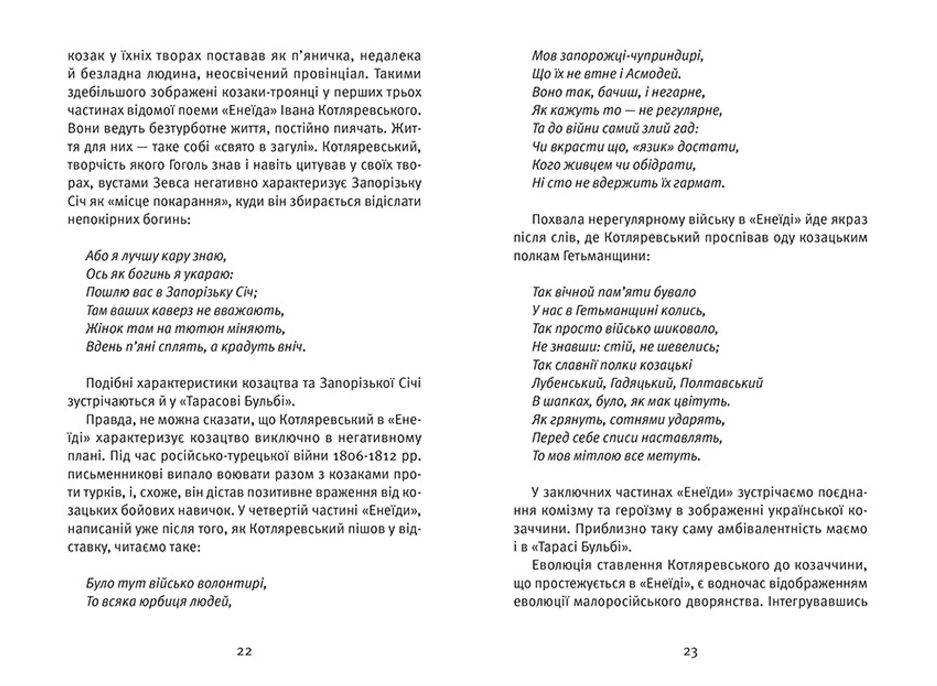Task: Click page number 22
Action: (x=244, y=652)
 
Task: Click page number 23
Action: (x=690, y=652)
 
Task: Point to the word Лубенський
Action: (x=569, y=383)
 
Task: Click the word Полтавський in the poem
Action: (x=721, y=383)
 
